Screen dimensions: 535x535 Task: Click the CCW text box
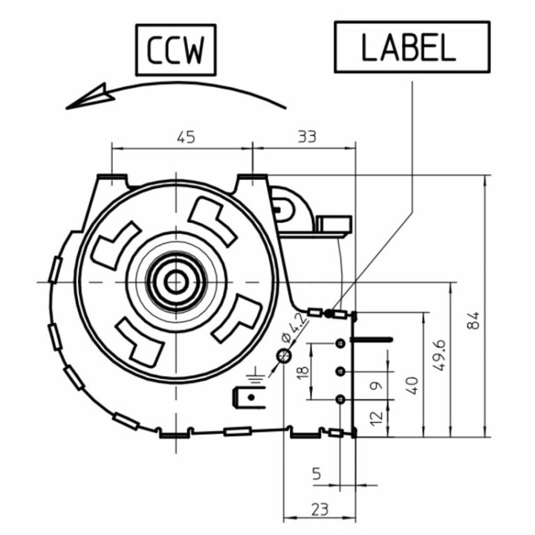(x=175, y=50)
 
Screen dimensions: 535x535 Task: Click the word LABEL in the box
(x=408, y=48)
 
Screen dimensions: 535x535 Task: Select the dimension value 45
(x=187, y=137)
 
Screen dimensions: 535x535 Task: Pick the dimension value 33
(x=307, y=137)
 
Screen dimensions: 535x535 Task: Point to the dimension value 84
(x=473, y=320)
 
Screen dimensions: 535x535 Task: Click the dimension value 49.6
(x=439, y=355)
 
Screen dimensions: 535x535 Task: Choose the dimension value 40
(x=412, y=386)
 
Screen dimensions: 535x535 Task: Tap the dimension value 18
(x=303, y=372)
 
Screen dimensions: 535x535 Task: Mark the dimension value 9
(x=376, y=386)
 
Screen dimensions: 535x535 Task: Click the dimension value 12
(x=376, y=418)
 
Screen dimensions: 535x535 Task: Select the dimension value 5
(x=317, y=473)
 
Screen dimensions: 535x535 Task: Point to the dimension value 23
(x=320, y=510)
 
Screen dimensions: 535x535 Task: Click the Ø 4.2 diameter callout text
(x=293, y=328)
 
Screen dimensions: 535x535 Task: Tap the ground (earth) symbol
(x=256, y=374)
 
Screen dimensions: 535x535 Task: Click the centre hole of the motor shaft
(x=175, y=282)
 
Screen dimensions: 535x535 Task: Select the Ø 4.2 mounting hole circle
(x=284, y=356)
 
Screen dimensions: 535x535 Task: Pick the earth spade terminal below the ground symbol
(x=249, y=398)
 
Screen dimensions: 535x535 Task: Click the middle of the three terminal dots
(x=340, y=371)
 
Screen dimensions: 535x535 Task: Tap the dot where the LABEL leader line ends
(x=328, y=313)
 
